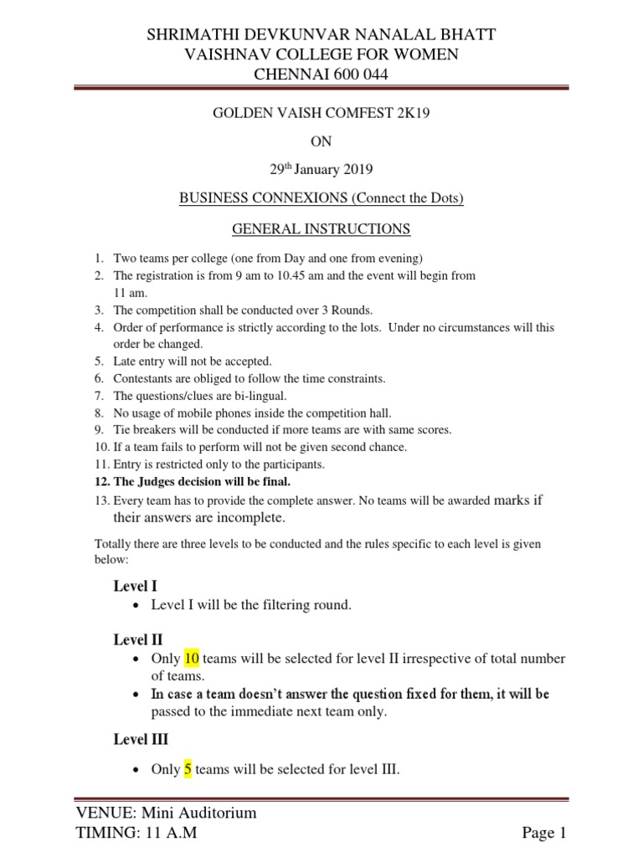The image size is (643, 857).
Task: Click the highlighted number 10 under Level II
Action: coord(192,659)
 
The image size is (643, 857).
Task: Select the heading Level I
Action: coord(136,587)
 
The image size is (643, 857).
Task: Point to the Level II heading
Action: coord(138,640)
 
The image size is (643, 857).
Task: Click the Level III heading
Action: coord(141,739)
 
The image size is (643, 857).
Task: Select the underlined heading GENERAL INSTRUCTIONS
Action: coord(321,228)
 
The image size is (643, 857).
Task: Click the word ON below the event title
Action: coord(321,142)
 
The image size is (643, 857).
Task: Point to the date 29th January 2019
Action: coord(321,170)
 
